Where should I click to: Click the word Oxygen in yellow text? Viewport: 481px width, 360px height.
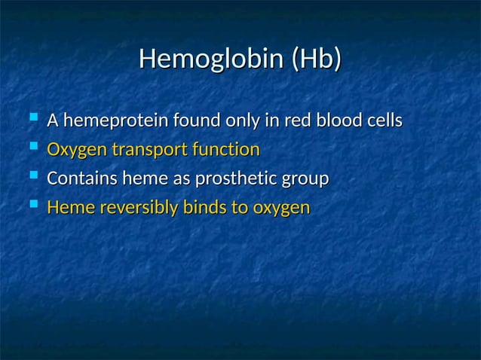tap(77, 150)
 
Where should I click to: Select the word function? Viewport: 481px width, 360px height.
tap(225, 149)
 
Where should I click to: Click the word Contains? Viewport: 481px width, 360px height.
tap(81, 179)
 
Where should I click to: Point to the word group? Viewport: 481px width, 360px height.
tap(306, 180)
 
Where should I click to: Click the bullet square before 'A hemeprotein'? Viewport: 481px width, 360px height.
tap(31, 119)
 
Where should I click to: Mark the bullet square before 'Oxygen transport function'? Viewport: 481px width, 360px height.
tap(31, 148)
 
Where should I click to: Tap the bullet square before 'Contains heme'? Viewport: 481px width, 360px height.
tap(31, 178)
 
